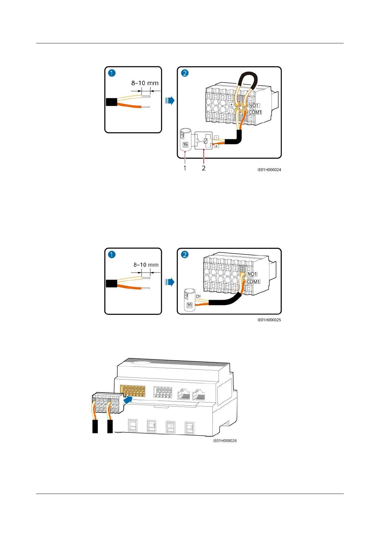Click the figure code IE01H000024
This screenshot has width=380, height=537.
point(269,170)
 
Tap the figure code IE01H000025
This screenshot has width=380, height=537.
point(269,320)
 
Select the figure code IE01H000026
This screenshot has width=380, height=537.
point(225,441)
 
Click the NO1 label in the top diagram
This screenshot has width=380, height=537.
point(254,105)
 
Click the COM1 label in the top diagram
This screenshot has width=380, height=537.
point(255,112)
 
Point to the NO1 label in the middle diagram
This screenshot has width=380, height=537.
point(252,274)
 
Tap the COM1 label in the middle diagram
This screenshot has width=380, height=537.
point(253,282)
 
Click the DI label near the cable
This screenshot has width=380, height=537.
point(198,296)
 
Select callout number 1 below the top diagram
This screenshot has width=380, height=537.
point(185,168)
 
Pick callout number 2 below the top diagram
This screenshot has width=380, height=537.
point(204,168)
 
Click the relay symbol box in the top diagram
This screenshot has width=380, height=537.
point(203,141)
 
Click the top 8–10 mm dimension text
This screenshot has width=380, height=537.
point(145,83)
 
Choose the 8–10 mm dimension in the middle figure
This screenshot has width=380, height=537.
point(146,265)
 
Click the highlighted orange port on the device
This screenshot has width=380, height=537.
point(132,391)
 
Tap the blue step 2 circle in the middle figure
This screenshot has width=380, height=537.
point(185,254)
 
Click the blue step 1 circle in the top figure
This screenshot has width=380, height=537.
point(112,73)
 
